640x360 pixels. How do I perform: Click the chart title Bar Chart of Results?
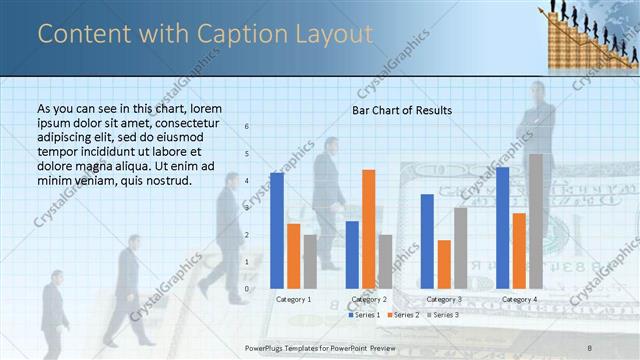coord(401,110)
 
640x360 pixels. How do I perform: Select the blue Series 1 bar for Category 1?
coord(277,230)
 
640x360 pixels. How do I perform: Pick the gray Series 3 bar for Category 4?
coord(536,221)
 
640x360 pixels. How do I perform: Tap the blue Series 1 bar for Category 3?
coord(427,241)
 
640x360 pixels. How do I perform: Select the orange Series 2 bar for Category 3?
coord(444,264)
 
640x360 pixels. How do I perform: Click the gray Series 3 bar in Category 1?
coord(310,261)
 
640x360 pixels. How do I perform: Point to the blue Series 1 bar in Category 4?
coord(502,228)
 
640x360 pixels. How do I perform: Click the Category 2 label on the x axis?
coord(370,299)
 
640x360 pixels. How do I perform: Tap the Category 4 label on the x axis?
coord(520,299)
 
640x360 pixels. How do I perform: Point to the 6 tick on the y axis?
coord(248,127)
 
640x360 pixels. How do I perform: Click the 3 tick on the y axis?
coord(248,208)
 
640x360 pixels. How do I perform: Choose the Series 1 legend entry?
coord(364,315)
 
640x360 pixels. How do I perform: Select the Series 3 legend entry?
coord(443,315)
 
